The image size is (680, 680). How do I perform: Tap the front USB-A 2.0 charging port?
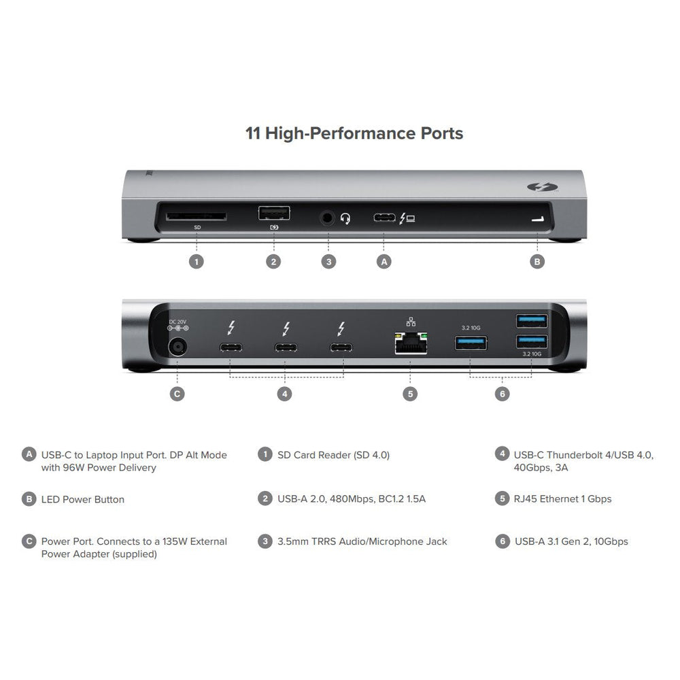click(x=274, y=214)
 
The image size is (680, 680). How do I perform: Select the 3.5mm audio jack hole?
click(x=328, y=218)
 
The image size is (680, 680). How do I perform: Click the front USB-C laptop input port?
click(x=384, y=218)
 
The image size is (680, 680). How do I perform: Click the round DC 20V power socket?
click(x=177, y=347)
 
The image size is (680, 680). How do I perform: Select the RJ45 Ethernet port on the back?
click(x=409, y=345)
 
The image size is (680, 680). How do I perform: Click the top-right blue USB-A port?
click(x=532, y=320)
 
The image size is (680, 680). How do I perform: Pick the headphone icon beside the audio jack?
click(x=345, y=219)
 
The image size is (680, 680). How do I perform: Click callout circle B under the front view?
click(x=537, y=261)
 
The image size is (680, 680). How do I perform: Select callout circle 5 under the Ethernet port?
click(x=409, y=394)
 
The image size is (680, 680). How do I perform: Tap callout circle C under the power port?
click(x=177, y=394)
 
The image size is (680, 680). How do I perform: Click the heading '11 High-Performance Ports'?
click(x=354, y=133)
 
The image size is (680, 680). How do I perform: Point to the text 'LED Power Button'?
click(x=82, y=499)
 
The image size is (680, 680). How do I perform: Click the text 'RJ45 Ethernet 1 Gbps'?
click(x=562, y=499)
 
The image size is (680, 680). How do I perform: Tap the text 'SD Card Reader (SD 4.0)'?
click(x=333, y=455)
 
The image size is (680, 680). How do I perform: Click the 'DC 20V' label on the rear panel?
click(x=177, y=320)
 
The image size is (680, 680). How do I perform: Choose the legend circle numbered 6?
click(x=503, y=541)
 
